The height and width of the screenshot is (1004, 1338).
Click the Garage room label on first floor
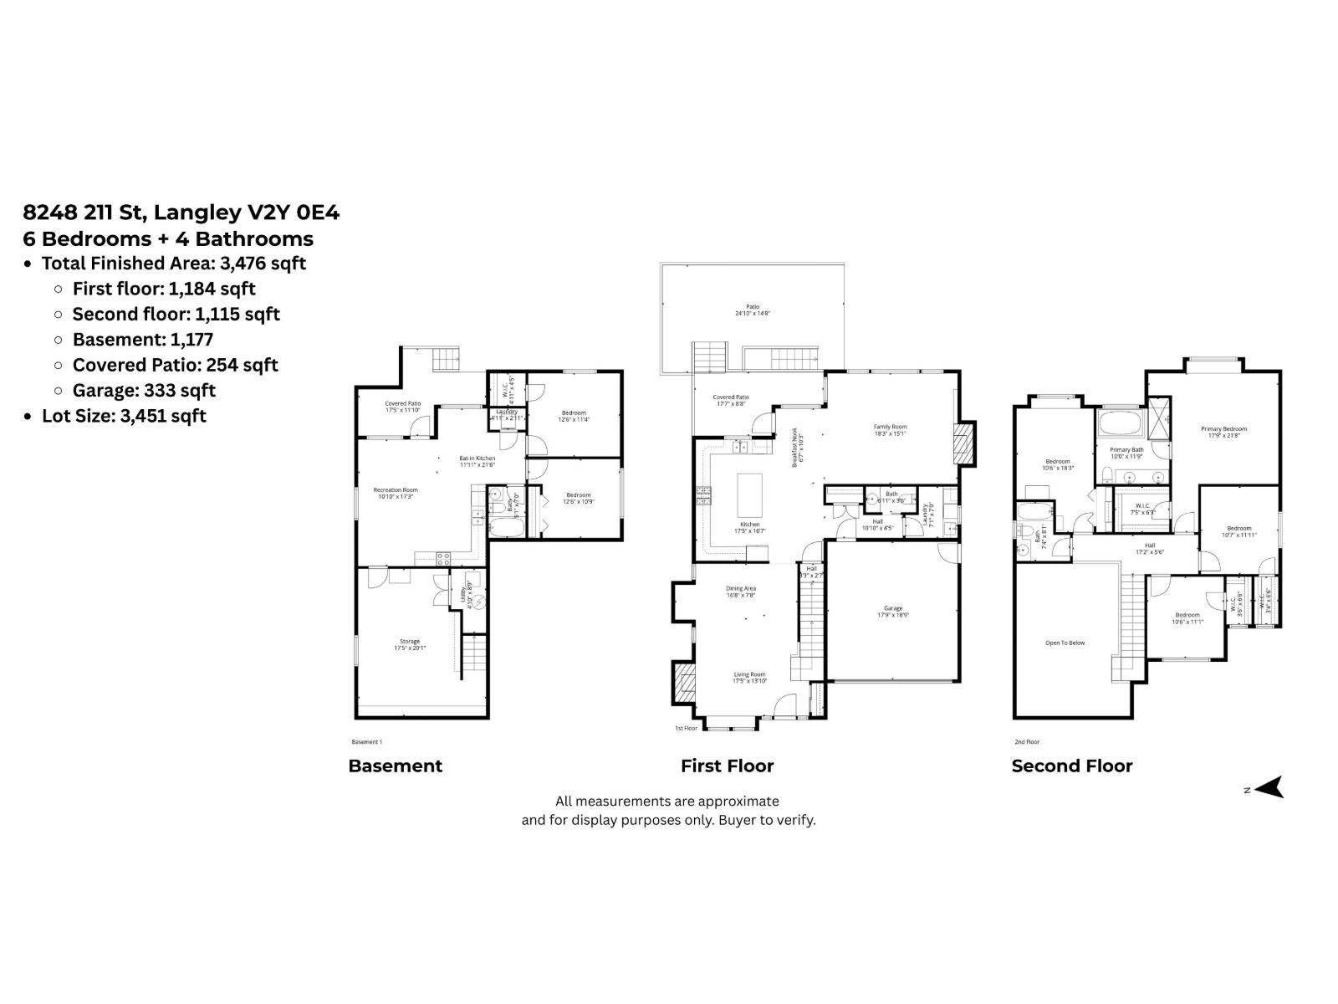pyautogui.click(x=892, y=611)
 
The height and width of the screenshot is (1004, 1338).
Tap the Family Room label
pyautogui.click(x=890, y=430)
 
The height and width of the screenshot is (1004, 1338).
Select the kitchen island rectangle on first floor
pyautogui.click(x=749, y=495)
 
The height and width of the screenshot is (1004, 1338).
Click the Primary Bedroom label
pyautogui.click(x=1223, y=432)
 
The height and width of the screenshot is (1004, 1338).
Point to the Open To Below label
pyautogui.click(x=1065, y=643)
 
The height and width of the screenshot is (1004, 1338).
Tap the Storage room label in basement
pyautogui.click(x=410, y=644)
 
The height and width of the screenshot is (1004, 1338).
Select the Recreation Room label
pyautogui.click(x=395, y=493)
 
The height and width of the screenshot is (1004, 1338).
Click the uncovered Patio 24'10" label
pyautogui.click(x=753, y=310)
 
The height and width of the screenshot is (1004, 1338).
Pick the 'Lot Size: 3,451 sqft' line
pyautogui.click(x=124, y=416)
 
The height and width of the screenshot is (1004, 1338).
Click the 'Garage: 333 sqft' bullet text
pyautogui.click(x=144, y=390)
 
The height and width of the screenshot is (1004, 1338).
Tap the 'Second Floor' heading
pyautogui.click(x=1071, y=766)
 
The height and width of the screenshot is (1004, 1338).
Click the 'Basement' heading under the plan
pyautogui.click(x=395, y=766)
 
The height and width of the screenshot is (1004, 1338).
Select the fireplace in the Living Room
pyautogui.click(x=685, y=681)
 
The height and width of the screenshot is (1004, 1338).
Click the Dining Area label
pyautogui.click(x=740, y=592)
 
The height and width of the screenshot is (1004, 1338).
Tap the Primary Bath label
pyautogui.click(x=1126, y=453)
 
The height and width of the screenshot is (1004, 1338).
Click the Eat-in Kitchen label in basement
pyautogui.click(x=477, y=461)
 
